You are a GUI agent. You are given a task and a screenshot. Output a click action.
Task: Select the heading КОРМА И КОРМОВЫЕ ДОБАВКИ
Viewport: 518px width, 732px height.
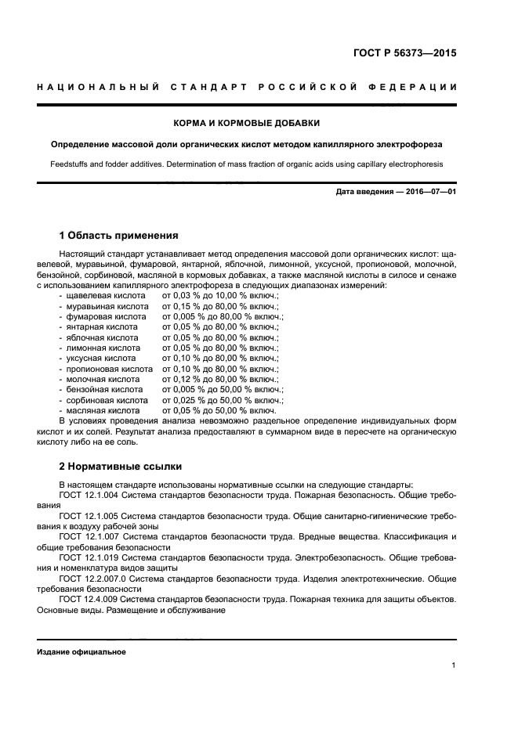(246, 123)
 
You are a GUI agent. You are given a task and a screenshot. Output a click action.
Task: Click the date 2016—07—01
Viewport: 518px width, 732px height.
(429, 192)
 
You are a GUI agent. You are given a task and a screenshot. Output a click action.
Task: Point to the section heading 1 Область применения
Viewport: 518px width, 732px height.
(118, 235)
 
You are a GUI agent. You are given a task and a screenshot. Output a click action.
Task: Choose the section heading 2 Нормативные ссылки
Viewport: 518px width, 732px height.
(120, 464)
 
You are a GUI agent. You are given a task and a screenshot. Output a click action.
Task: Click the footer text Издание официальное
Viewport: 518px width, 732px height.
(82, 651)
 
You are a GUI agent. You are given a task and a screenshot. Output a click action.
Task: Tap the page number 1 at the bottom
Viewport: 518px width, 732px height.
(454, 665)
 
